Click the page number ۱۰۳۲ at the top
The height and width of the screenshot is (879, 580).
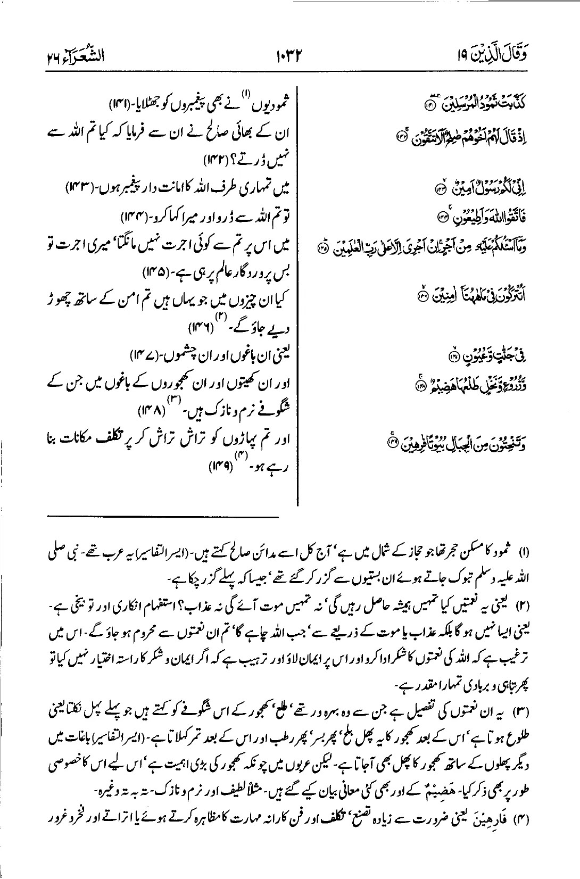pos(290,54)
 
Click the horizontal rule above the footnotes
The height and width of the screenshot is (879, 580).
pos(162,516)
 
